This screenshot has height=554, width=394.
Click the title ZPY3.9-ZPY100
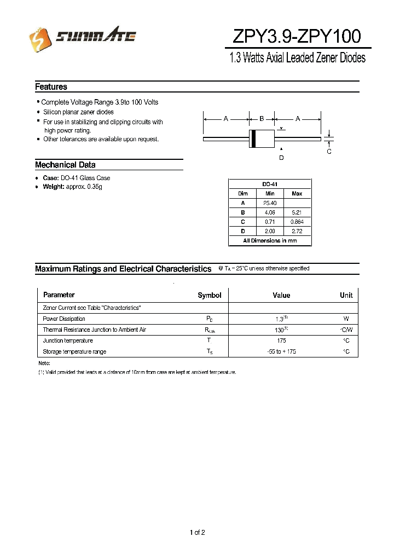coord(297,36)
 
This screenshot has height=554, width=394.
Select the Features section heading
coord(51,86)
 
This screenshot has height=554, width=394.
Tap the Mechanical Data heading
coord(65,165)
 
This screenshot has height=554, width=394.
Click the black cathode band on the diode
coord(253,138)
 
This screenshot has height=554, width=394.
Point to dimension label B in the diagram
coord(262,118)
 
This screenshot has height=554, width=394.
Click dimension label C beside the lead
coord(329,152)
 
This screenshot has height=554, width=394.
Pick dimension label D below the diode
coord(281,158)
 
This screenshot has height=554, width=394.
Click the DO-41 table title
coord(270,184)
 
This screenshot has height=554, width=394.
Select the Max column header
coord(297,194)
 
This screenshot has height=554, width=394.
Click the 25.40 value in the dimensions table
coord(270,203)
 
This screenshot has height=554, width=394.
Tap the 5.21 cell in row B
coord(297,212)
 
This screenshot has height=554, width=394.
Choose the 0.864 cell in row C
coord(297,222)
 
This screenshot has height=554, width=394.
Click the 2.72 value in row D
coord(297,231)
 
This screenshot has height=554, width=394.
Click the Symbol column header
coord(209,295)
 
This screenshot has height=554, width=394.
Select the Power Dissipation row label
coord(64,319)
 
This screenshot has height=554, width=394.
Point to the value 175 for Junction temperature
coord(281,341)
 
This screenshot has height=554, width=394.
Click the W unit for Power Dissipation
coord(346,319)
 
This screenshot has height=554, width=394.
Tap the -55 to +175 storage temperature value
coord(281,351)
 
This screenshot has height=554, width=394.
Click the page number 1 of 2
coord(197,532)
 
